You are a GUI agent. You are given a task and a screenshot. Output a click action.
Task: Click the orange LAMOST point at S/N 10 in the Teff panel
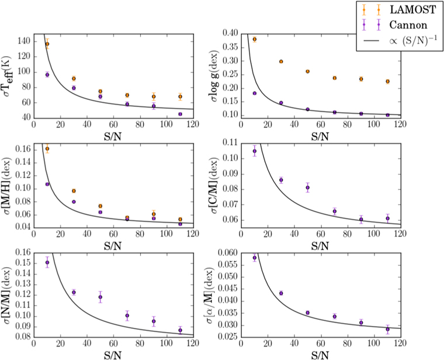[47, 44]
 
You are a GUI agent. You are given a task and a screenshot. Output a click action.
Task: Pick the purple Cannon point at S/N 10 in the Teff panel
[47, 74]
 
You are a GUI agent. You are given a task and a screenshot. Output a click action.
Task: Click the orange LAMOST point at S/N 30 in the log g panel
[281, 61]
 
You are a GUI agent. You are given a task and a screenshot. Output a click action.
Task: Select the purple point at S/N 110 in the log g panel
[387, 115]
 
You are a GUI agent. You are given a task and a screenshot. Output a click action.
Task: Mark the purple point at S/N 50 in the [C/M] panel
[307, 188]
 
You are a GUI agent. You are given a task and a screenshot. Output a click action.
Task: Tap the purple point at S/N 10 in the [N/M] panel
[47, 262]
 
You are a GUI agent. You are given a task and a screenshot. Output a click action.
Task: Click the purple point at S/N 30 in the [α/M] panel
[281, 293]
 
